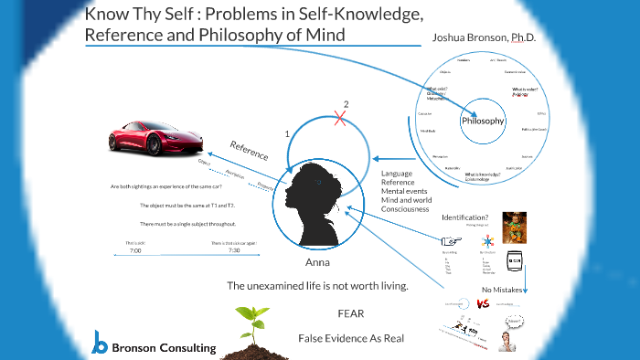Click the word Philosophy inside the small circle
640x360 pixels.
pos(483,121)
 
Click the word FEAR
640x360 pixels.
pos(351,313)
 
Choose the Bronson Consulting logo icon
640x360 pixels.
pos(101,343)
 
